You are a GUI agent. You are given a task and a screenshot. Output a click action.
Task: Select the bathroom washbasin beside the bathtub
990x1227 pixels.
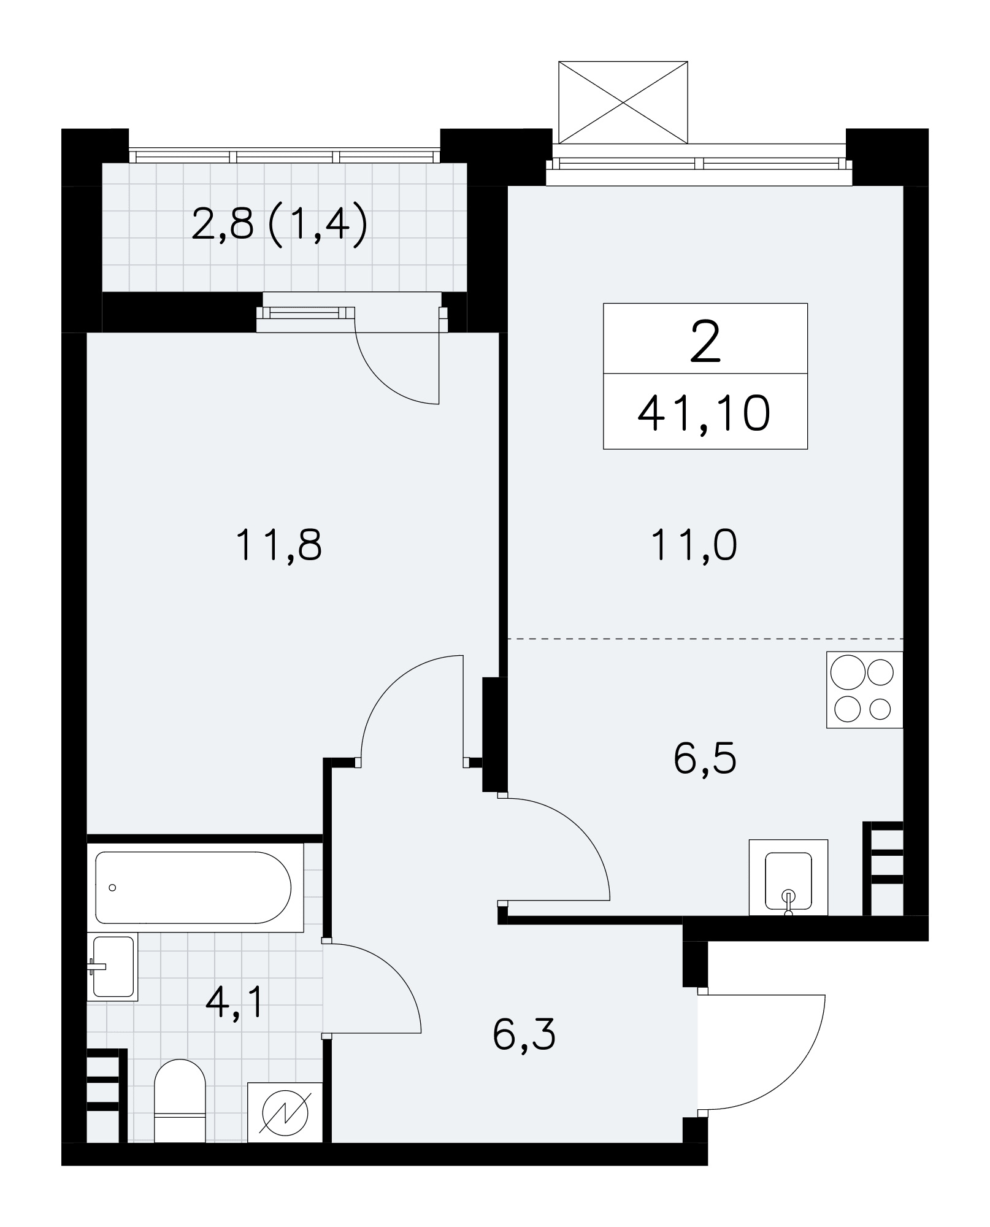pyautogui.click(x=113, y=966)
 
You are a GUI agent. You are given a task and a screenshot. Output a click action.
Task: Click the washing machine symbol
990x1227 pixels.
pyautogui.click(x=285, y=1112)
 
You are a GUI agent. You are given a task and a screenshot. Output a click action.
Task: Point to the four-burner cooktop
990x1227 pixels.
pyautogui.click(x=865, y=690)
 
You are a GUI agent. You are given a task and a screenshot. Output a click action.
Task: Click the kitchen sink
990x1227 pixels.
pyautogui.click(x=788, y=877)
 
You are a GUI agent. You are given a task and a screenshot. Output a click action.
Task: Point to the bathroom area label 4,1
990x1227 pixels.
pyautogui.click(x=234, y=1004)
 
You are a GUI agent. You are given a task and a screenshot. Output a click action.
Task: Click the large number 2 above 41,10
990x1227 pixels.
pyautogui.click(x=705, y=344)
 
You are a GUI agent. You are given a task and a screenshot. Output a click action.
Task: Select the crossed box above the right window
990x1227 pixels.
pyautogui.click(x=623, y=102)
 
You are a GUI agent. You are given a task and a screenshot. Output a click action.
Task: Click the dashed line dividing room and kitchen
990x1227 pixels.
pyautogui.click(x=705, y=639)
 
